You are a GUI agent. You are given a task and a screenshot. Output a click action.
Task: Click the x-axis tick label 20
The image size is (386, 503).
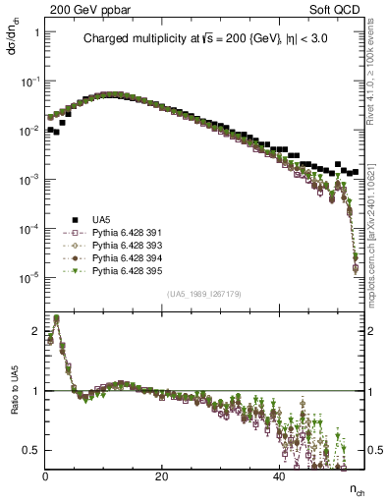(x=162, y=476)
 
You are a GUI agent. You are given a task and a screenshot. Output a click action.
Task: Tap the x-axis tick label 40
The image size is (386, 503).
(x=279, y=476)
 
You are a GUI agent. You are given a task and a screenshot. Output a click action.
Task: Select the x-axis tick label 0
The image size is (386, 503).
(x=45, y=476)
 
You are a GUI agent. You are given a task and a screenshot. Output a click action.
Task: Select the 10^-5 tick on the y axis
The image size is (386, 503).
(x=31, y=277)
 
